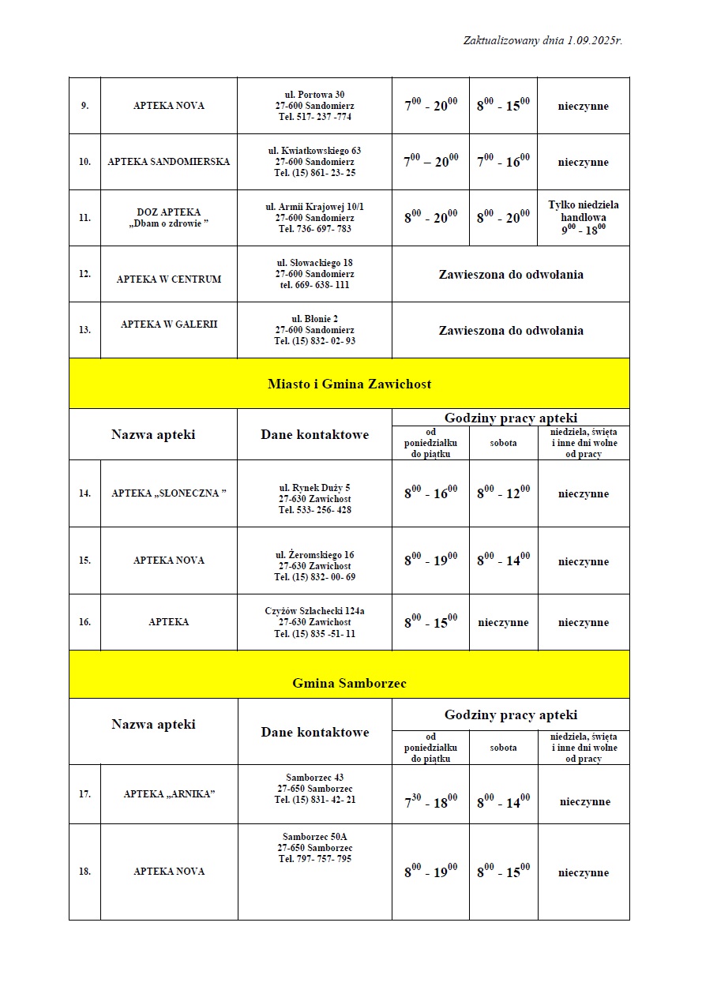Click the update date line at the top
542,40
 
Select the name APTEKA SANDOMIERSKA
168,162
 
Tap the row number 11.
84,218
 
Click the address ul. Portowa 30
314,95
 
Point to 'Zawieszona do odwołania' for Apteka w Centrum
511,275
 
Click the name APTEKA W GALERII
168,324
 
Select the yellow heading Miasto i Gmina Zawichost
349,384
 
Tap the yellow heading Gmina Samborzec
349,683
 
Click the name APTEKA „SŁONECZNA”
168,493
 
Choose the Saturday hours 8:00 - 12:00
503,493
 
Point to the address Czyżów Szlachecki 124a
314,611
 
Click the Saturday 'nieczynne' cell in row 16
503,622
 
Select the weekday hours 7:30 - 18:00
430,801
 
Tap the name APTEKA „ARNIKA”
168,794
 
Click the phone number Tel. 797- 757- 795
314,859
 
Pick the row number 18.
84,872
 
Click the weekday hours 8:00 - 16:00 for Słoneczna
430,493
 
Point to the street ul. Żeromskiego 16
314,555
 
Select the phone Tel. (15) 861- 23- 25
314,173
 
